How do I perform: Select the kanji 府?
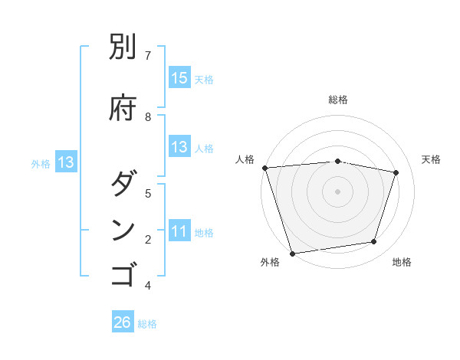pos(123,106)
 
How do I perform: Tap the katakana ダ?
pos(123,184)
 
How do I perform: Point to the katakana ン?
pos(123,231)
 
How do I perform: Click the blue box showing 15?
pos(179,78)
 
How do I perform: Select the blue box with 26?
pos(123,322)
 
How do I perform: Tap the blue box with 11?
pos(179,232)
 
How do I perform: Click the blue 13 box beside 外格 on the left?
pos(66,162)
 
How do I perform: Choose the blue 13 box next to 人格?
pos(179,148)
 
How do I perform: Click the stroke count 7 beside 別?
pos(148,55)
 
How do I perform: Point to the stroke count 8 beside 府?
pos(148,116)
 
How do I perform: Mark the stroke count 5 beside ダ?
pos(148,193)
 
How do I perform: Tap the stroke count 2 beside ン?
pos(148,240)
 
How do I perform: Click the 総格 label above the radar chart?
pos(338,100)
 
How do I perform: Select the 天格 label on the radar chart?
pos(431,159)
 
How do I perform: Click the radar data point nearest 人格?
pos(264,168)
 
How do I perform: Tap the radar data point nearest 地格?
pos(374,242)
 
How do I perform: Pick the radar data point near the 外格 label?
pos(292,253)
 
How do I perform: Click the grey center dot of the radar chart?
pos(337,191)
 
